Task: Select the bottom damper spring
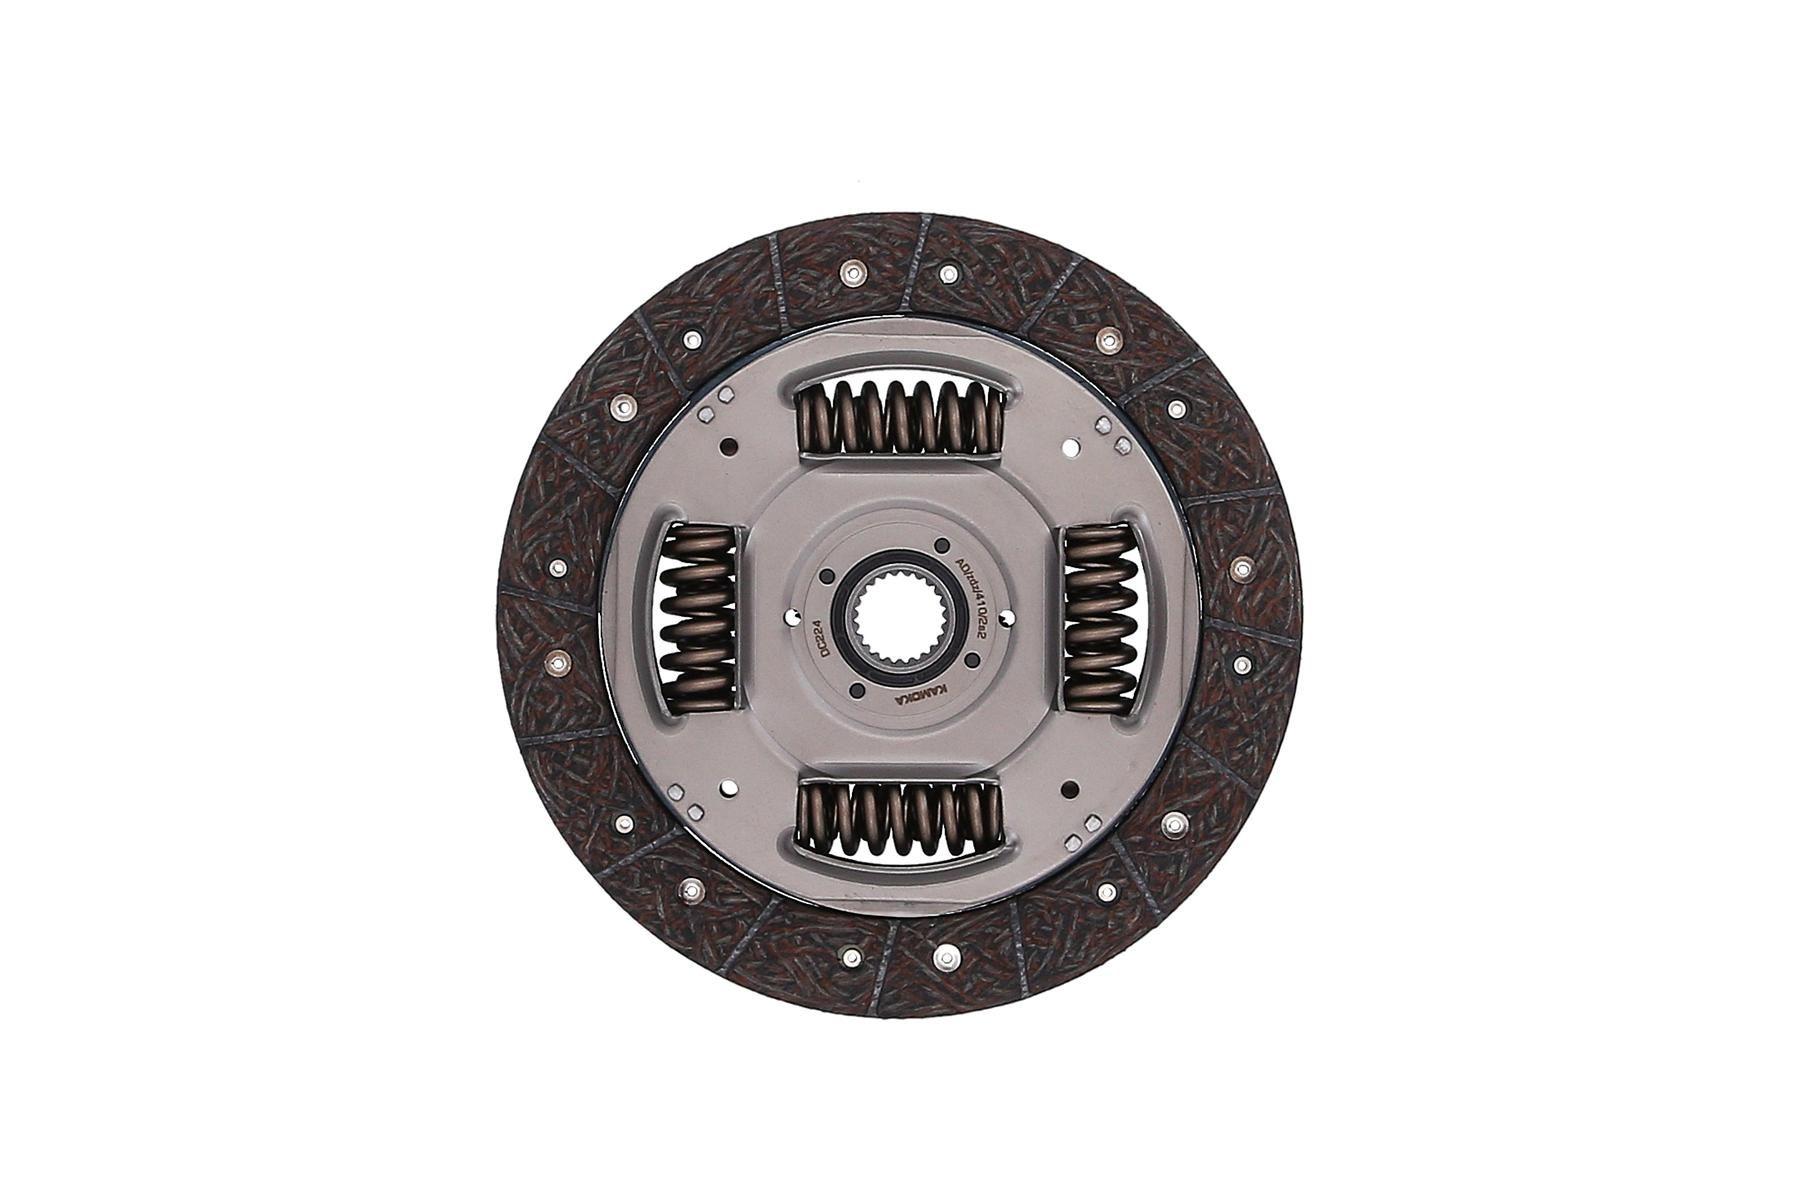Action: click(898, 818)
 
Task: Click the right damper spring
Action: click(1099, 614)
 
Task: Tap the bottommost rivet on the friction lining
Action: click(944, 957)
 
